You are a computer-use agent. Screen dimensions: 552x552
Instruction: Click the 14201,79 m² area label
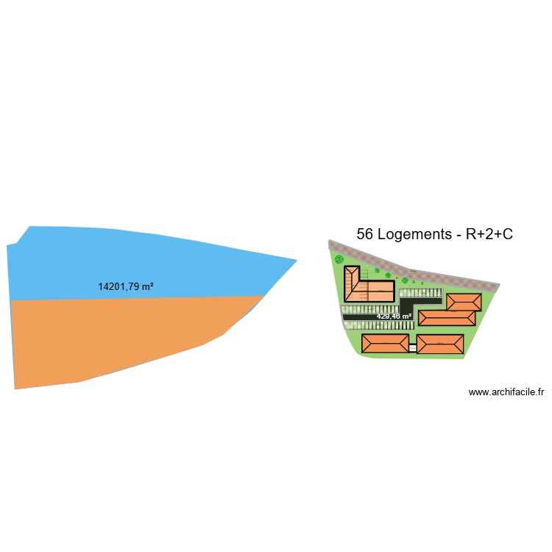(x=126, y=286)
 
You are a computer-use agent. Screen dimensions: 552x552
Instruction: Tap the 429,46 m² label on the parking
(x=394, y=316)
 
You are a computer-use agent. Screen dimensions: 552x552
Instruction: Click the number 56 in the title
(x=364, y=235)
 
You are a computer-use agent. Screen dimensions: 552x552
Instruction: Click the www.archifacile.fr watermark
(x=506, y=392)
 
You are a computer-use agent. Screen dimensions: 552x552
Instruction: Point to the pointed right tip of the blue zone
(x=295, y=260)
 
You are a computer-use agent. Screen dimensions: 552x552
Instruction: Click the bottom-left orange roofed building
(x=384, y=343)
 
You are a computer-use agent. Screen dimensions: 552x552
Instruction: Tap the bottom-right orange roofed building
(x=440, y=344)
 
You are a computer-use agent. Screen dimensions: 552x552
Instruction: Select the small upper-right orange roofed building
(x=464, y=302)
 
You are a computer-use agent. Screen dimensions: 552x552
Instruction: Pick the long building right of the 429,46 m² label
(x=447, y=318)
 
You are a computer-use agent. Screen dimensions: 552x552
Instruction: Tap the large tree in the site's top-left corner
(x=339, y=259)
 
